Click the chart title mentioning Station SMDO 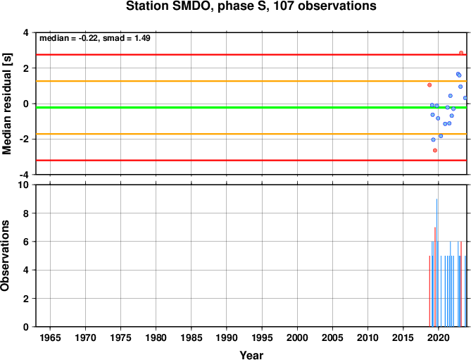pos(251,6)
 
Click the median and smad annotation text pos(95,38)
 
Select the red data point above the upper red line pos(461,53)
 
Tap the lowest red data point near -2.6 pos(435,150)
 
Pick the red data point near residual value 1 pos(429,85)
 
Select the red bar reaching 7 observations pos(435,277)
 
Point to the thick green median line pos(251,108)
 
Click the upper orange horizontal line pos(251,81)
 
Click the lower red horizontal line pos(251,161)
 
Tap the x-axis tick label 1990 pos(227,337)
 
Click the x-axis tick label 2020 pos(438,337)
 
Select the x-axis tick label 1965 pos(50,337)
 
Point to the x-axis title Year pos(251,355)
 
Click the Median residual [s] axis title pos(6,104)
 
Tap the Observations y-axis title pos(5,256)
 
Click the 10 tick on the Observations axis pos(25,185)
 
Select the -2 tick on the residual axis pos(27,139)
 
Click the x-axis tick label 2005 pos(332,337)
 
